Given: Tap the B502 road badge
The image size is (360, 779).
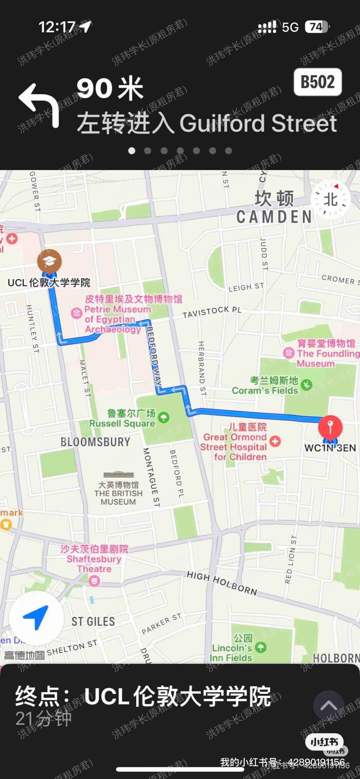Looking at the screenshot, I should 317,82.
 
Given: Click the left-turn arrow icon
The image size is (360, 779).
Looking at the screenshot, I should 39,105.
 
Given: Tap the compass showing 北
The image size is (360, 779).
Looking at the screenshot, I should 330,199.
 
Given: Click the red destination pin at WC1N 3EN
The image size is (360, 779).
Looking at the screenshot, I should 330,427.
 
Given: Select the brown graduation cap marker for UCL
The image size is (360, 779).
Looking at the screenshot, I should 49,261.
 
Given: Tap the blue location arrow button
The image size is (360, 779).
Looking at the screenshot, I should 36,617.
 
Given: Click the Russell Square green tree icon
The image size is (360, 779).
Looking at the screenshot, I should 164,417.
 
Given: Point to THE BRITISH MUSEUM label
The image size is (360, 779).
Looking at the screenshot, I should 118,493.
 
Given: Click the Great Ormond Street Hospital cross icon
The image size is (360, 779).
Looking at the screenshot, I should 275,441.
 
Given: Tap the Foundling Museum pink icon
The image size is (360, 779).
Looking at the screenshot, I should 288,353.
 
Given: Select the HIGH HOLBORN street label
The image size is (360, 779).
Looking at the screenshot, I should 222,583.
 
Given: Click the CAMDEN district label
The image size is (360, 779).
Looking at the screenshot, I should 274,217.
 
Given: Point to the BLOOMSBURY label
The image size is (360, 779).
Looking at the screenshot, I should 95,442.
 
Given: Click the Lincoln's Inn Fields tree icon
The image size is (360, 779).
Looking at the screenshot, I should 261,647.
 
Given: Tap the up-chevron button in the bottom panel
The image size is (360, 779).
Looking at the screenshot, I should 328,706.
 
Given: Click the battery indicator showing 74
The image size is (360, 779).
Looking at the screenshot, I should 316,27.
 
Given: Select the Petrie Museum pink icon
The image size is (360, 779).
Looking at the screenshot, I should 76,313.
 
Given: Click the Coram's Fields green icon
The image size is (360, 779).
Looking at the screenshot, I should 306,385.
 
